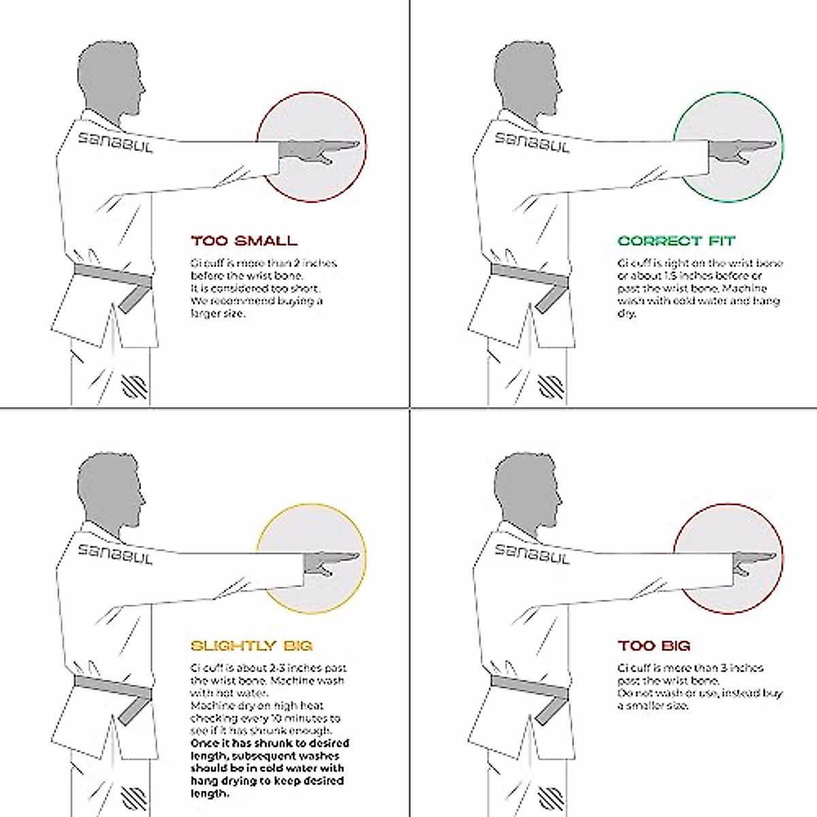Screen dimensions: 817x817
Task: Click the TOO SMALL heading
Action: (244, 241)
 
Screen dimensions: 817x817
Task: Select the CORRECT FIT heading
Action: (676, 241)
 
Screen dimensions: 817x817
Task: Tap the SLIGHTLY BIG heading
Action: (251, 645)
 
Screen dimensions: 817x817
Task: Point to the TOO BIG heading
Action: (654, 645)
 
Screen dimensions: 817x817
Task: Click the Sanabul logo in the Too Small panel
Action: (114, 142)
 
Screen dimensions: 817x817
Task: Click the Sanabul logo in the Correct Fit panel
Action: (532, 142)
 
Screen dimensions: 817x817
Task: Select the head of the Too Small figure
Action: (109, 78)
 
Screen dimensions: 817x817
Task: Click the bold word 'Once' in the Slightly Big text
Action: (205, 743)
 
